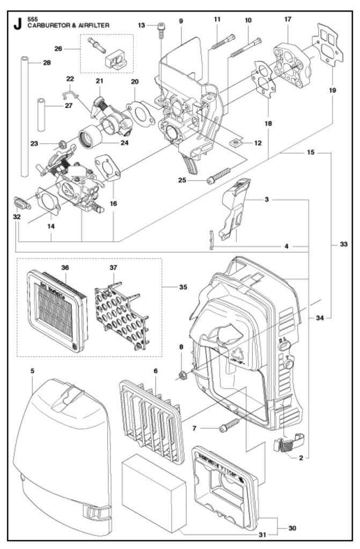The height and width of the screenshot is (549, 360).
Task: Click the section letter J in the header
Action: (18, 24)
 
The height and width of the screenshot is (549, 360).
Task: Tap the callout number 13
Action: (142, 25)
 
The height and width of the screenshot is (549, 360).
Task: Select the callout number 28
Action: (47, 63)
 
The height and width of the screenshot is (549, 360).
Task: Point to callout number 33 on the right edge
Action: (343, 244)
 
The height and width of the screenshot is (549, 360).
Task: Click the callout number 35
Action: (183, 287)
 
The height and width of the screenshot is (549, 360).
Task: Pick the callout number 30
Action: (292, 528)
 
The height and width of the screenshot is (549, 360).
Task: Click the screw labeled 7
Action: (229, 426)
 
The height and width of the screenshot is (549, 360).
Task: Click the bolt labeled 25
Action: (217, 177)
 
